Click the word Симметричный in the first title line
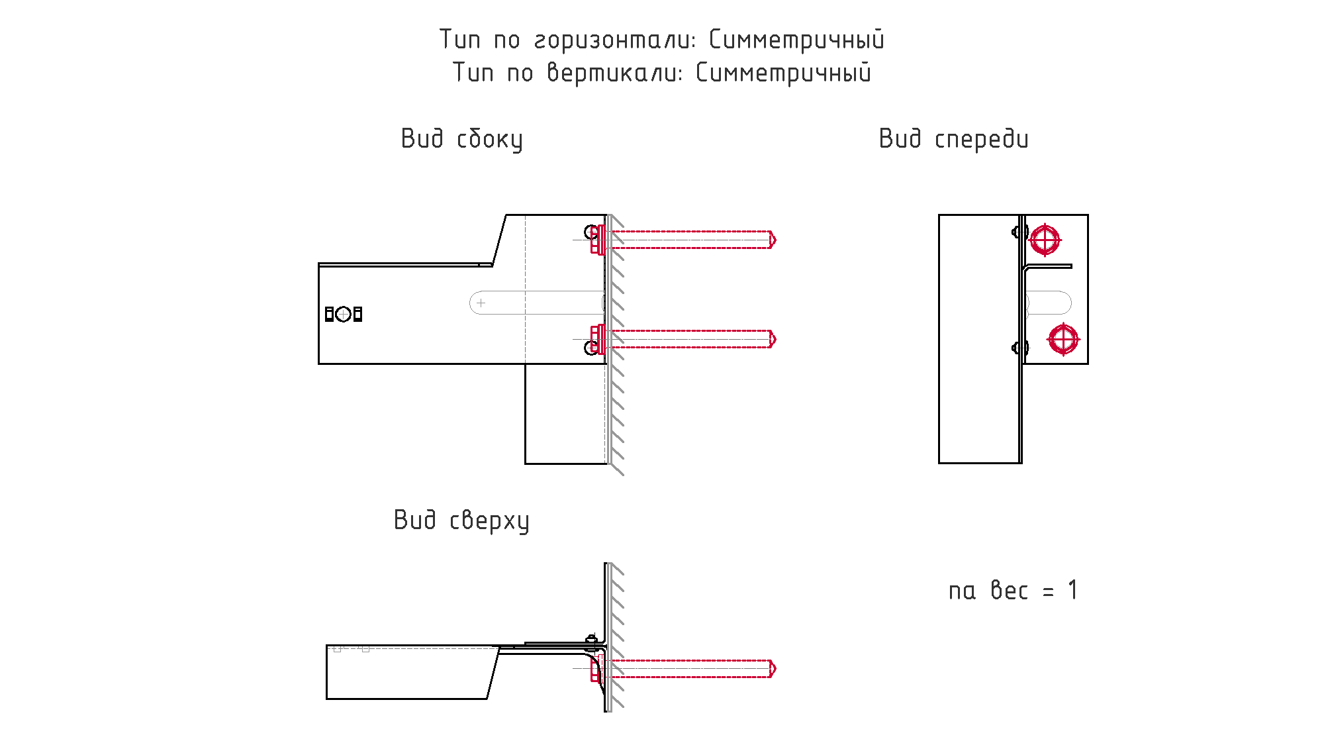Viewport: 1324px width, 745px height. click(x=796, y=40)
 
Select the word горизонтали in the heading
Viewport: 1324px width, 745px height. click(x=615, y=40)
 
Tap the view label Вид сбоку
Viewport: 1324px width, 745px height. click(x=461, y=140)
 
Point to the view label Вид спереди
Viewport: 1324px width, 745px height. click(x=953, y=140)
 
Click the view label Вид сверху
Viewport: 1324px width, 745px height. click(x=461, y=521)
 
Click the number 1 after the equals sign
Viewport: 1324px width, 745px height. click(x=1072, y=590)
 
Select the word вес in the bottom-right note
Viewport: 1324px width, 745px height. click(x=1009, y=591)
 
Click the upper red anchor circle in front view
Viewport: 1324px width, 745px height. click(x=1045, y=240)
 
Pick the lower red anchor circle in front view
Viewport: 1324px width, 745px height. click(x=1063, y=339)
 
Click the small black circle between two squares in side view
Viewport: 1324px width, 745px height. click(x=343, y=314)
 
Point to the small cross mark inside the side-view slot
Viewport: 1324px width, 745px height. click(x=481, y=303)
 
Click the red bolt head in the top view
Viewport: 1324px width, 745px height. click(x=596, y=669)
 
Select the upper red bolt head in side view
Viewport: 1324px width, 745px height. click(x=597, y=240)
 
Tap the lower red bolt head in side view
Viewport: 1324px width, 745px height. click(x=597, y=339)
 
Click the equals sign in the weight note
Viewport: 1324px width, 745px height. click(x=1048, y=592)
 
